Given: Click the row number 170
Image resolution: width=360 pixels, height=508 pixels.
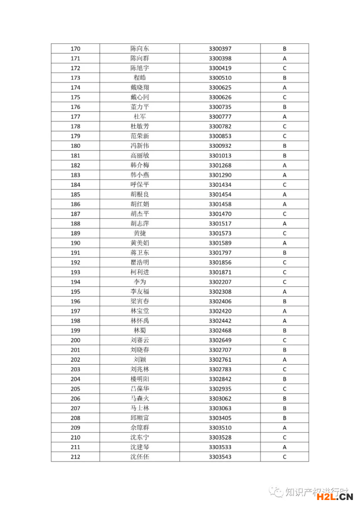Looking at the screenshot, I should click(x=75, y=49).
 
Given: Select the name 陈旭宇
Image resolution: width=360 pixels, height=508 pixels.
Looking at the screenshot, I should click(x=139, y=68).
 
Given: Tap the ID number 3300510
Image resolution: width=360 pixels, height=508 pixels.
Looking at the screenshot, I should click(x=220, y=78).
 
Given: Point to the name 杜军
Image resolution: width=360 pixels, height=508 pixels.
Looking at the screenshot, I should click(x=139, y=117).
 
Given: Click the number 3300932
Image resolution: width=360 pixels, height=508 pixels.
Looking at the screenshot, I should click(x=220, y=146).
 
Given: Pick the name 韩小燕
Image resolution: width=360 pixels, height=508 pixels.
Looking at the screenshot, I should click(x=139, y=175).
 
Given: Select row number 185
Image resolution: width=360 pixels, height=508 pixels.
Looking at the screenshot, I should click(x=75, y=195).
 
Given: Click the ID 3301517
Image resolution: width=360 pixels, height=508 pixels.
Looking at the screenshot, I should click(x=220, y=224).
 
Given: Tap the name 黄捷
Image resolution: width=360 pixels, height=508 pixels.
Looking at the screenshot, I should click(x=139, y=233).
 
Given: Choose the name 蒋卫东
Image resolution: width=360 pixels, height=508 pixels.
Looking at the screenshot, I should click(x=139, y=253).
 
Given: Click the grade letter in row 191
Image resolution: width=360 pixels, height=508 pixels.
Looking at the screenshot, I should click(x=284, y=253).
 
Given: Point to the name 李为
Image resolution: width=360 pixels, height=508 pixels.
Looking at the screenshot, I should click(x=139, y=282).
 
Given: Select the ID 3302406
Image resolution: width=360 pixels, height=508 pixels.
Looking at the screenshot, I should click(x=220, y=302).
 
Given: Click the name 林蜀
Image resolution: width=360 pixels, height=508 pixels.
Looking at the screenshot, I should click(x=139, y=331).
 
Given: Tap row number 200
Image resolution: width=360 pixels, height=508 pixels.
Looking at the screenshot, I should click(x=75, y=341).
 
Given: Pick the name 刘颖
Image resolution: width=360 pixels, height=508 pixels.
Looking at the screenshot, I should click(x=139, y=360).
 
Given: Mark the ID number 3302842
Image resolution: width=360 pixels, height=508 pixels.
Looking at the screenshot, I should click(x=220, y=379).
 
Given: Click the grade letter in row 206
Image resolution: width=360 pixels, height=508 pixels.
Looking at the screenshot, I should click(x=284, y=399).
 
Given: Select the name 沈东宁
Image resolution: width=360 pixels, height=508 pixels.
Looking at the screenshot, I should click(x=139, y=438).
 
